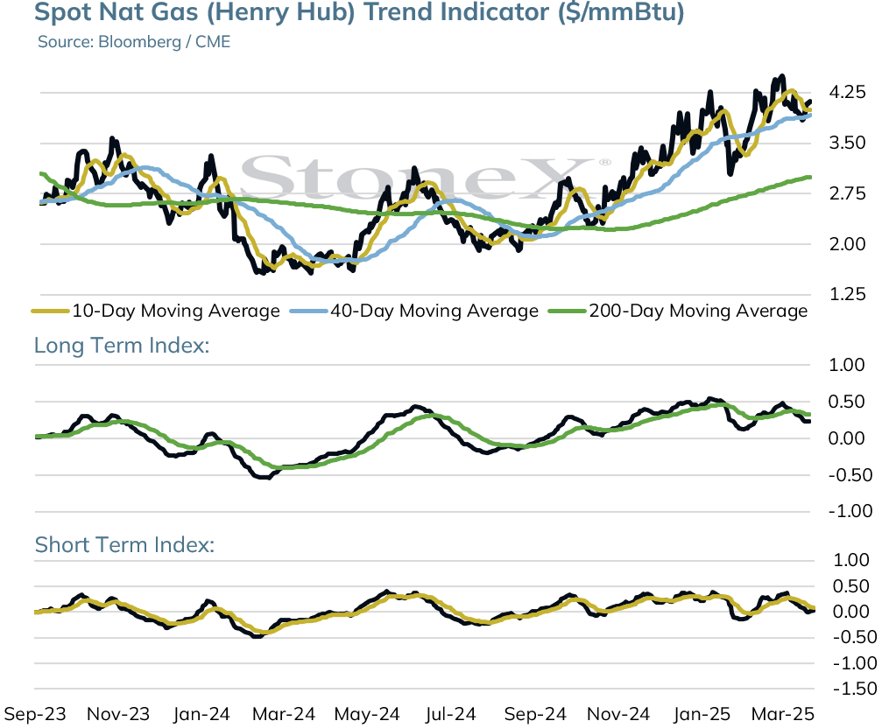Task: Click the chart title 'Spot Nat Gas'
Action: tap(116, 11)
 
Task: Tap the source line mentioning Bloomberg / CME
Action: tap(134, 42)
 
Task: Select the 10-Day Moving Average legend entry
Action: tap(156, 311)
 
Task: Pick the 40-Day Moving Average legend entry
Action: tap(414, 311)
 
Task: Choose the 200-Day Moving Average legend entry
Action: tap(678, 311)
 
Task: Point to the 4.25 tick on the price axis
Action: tap(848, 92)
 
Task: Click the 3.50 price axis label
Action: tap(848, 143)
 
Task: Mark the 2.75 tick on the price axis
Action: tap(848, 193)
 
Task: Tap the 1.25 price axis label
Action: tap(848, 294)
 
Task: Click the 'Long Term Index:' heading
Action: tap(122, 346)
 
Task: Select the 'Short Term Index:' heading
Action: tap(125, 545)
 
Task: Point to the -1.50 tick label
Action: tap(855, 689)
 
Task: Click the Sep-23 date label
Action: tap(35, 715)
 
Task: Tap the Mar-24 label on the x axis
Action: tap(284, 715)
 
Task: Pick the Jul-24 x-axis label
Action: tap(450, 715)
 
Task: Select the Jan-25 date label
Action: tap(702, 715)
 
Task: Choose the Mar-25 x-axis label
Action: tap(783, 715)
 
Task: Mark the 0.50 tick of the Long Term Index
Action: tap(847, 402)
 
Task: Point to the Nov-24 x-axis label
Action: tap(618, 715)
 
